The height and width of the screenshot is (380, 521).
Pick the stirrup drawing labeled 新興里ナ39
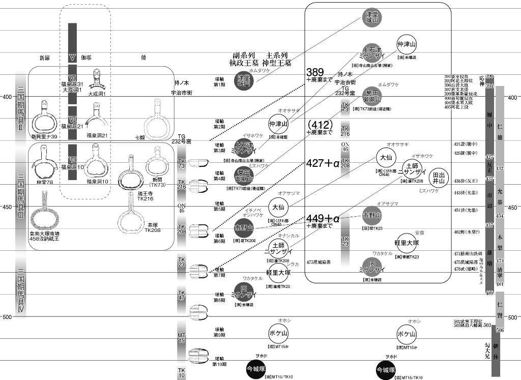44,116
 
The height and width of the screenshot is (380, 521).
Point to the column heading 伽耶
86,57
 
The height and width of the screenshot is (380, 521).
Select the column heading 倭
144,57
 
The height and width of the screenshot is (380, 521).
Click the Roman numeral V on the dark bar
72,57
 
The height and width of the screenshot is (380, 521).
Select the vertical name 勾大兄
487,351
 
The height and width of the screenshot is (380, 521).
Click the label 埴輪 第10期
219,361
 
